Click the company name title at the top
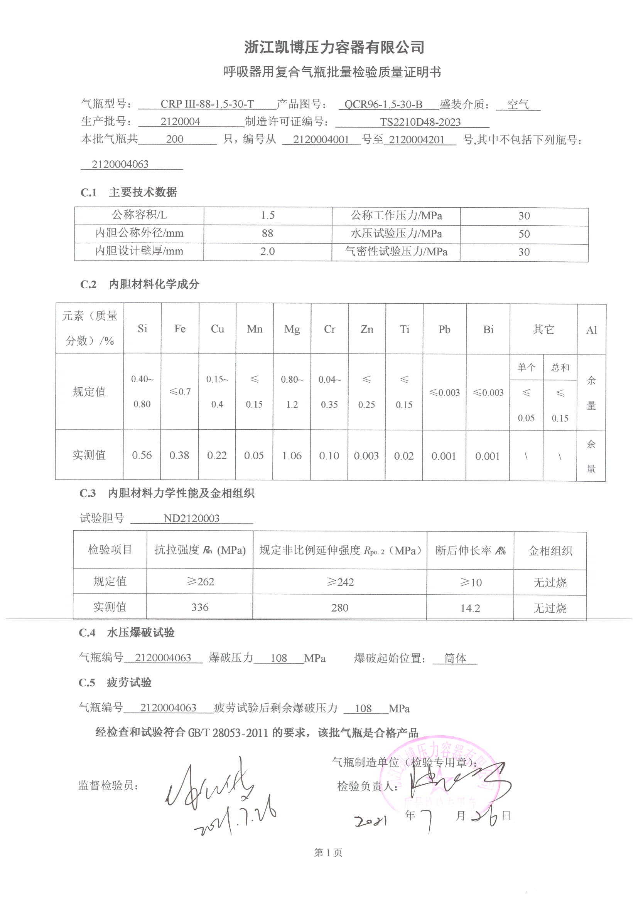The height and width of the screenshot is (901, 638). point(334,47)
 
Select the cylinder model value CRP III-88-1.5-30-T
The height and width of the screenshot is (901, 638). point(207,104)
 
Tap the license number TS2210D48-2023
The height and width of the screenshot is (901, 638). point(420,122)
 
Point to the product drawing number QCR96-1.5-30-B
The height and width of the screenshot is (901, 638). point(383,104)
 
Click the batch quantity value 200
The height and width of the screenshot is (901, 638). point(174,139)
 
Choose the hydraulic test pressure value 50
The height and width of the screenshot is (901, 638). point(524,234)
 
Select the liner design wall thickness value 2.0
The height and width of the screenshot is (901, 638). point(267,252)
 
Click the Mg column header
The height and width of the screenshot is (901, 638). point(292,329)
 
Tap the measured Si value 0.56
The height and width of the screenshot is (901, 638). point(142,455)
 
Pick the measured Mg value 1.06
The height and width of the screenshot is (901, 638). point(292,456)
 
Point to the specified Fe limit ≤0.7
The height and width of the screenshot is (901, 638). point(180,392)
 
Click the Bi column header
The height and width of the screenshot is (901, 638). point(488,329)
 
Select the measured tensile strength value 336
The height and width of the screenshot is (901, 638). point(199,607)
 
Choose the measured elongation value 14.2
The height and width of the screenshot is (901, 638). point(470,608)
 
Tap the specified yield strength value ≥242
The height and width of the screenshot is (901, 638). point(340,582)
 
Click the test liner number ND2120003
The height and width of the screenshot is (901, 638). point(191,518)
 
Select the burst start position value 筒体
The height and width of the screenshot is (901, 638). point(455,658)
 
